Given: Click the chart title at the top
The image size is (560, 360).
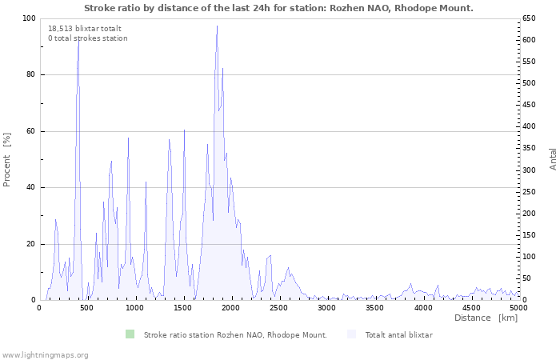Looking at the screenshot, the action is point(278,8).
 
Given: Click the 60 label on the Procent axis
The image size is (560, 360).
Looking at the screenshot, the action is point(33,131).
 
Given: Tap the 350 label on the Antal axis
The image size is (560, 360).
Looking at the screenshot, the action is point(529,148).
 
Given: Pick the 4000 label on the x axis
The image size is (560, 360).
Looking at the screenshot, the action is point(423,308).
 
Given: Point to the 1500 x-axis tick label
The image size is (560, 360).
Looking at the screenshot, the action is point(182,308).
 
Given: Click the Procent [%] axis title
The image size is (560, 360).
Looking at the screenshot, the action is point(6,160).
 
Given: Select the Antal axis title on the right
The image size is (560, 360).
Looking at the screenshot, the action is point(553,159).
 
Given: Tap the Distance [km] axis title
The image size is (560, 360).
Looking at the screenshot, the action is point(486,318).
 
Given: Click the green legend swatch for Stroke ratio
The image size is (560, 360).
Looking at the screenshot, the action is point(130,334).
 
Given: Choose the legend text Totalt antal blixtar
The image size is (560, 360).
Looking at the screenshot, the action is point(398,334).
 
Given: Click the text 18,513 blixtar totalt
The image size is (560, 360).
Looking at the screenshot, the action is point(85,29).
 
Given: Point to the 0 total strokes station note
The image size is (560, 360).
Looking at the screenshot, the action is point(88,38).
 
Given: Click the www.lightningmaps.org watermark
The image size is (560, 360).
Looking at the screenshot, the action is point(44,355).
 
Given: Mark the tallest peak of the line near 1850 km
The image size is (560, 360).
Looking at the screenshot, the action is point(217,26).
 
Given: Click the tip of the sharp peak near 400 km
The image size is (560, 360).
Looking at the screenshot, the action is point(78,38).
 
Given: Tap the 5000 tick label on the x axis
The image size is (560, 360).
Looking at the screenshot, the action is point(518,308).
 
